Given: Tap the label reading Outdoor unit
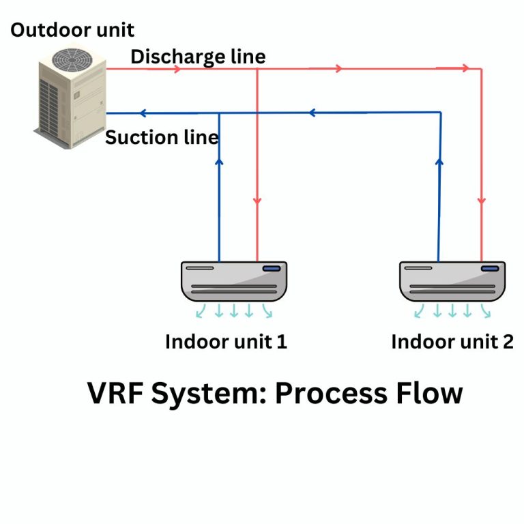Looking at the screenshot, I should coord(72,30).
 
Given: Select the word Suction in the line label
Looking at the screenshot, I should coord(133,137).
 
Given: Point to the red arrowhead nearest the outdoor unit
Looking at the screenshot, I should coord(177,69).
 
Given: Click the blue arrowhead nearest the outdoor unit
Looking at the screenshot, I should coord(144,113).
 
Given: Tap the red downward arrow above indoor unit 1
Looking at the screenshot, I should coord(257,201).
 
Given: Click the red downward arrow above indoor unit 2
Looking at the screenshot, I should coord(482,201).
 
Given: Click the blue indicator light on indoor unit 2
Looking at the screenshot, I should coord(489,268).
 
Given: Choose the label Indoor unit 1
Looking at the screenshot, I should coord(226,341).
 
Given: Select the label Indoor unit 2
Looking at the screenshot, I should coord(452,341).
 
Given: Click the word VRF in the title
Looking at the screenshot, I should coord(117,394).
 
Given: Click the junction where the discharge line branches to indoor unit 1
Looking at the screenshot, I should coord(257,69).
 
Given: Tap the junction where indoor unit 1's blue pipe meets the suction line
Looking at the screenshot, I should coord(219,113).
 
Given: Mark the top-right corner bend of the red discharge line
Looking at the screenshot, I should coord(482,69).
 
